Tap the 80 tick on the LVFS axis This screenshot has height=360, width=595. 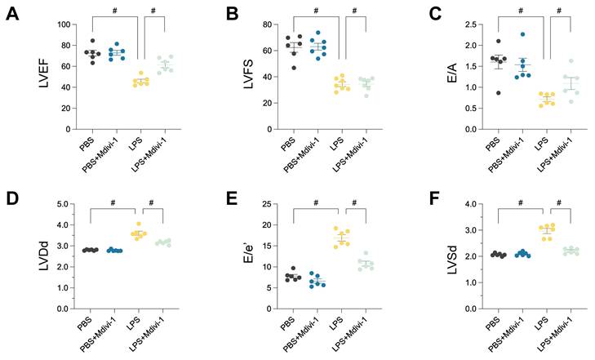click(x=261, y=24)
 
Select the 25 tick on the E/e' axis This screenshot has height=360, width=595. click(x=260, y=203)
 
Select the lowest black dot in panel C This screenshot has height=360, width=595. click(x=496, y=92)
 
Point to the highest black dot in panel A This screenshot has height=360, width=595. click(x=92, y=41)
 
